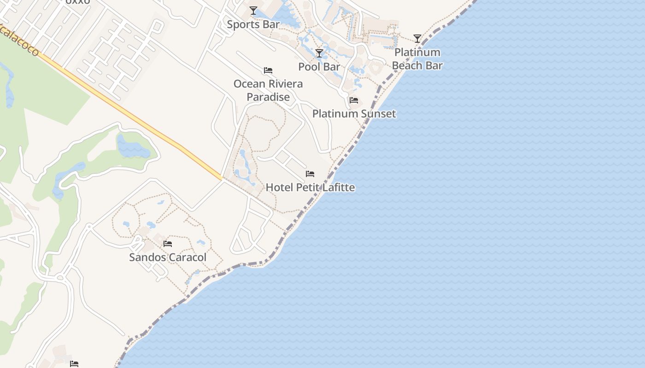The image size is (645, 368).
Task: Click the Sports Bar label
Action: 253,24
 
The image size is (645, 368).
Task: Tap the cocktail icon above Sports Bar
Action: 253,10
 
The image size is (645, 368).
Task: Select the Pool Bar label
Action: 319,67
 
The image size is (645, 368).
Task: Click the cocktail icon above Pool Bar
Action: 319,53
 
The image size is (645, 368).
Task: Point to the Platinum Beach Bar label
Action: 417,59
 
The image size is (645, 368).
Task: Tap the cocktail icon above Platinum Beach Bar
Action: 417,39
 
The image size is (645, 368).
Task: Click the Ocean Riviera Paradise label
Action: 268,90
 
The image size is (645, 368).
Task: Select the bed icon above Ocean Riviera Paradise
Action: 268,70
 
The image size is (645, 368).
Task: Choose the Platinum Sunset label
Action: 354,114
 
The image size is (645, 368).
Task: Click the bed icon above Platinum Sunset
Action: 353,100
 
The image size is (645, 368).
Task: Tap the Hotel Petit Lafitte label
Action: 310,187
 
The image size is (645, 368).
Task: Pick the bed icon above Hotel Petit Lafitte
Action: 310,174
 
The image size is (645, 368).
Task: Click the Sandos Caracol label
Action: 168,257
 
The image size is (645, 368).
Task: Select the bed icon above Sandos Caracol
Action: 168,243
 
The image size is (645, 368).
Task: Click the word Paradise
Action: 268,97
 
